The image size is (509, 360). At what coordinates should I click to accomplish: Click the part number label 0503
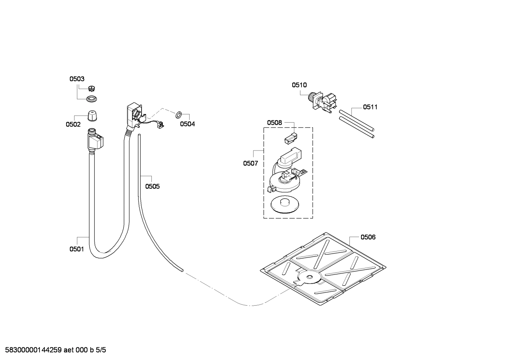[77, 79]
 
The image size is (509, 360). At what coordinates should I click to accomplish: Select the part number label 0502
[73, 124]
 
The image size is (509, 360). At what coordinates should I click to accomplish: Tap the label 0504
[187, 124]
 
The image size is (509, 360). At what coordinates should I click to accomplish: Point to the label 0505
[152, 186]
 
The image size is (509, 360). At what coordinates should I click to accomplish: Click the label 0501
[77, 249]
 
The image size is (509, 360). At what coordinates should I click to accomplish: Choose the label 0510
[299, 85]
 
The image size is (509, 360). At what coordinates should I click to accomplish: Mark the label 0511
[370, 107]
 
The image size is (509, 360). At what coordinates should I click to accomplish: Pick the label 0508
[274, 123]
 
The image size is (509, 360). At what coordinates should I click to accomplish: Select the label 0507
[250, 163]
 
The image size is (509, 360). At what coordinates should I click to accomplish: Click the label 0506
[368, 237]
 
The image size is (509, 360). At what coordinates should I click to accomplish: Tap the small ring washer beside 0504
[178, 114]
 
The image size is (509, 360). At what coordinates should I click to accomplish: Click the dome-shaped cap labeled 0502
[92, 116]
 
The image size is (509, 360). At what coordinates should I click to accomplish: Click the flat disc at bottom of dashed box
[284, 205]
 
